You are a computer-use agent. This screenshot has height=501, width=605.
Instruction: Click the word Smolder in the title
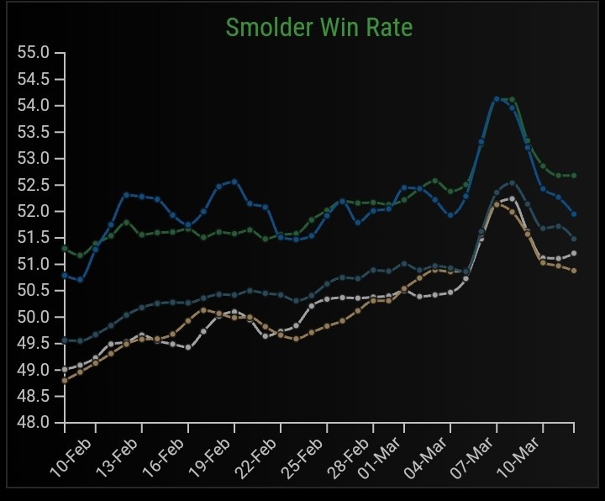pos(268,28)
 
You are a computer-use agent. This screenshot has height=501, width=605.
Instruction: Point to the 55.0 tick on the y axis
pos(34,53)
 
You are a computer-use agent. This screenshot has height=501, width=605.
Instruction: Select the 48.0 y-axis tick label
pos(34,422)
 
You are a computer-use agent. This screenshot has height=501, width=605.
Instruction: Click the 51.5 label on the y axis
pos(34,238)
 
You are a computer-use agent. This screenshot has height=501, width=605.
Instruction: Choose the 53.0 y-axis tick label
pos(34,159)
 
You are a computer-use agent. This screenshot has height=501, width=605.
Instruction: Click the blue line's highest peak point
pos(497,99)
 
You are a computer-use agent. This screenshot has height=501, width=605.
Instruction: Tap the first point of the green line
pos(65,249)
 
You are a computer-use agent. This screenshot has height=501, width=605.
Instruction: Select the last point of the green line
pos(574,175)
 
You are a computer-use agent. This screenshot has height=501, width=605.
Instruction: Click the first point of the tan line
pos(65,380)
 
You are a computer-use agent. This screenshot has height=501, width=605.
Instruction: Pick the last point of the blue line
pos(574,214)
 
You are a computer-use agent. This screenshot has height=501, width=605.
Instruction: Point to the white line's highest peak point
pos(512,198)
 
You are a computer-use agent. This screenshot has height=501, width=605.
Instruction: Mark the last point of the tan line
pos(574,270)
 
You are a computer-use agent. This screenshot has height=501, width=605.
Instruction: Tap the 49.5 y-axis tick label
pos(34,343)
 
